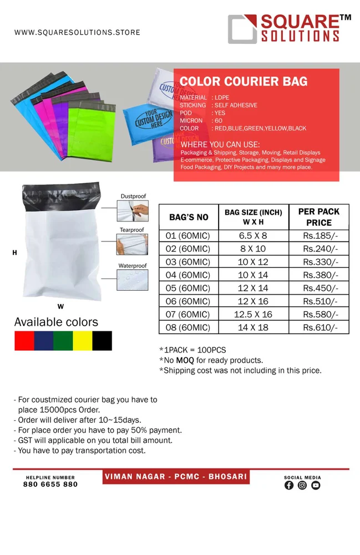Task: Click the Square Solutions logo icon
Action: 242,29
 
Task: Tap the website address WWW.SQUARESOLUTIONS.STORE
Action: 77,33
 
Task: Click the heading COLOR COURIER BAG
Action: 243,82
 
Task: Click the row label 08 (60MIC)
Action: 187,327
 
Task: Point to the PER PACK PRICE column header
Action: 319,217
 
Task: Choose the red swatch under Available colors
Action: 24,341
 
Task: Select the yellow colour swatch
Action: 82,341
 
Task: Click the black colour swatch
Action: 102,341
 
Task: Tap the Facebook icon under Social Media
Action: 289,485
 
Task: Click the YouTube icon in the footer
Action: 316,485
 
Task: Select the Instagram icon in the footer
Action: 302,485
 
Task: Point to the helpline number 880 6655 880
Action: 50,484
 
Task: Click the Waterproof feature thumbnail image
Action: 132,280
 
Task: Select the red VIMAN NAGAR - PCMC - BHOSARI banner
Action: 176,477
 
